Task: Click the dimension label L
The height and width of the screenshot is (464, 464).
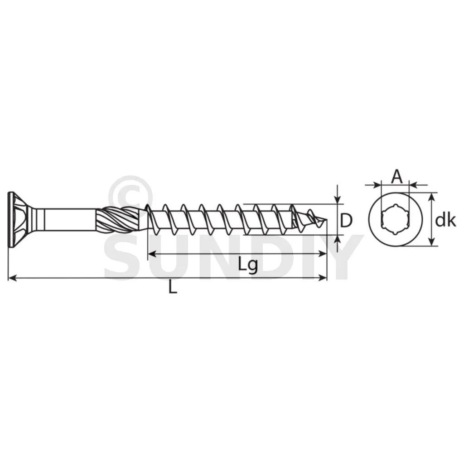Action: (x=173, y=287)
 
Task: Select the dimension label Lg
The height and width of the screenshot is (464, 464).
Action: (x=248, y=265)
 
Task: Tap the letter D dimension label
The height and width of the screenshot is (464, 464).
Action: (x=346, y=220)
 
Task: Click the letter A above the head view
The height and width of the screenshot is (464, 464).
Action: (x=397, y=177)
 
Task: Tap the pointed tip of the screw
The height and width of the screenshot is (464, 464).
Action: (x=327, y=219)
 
